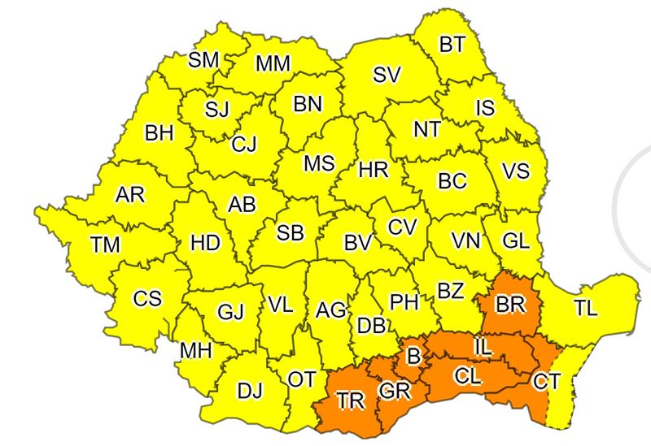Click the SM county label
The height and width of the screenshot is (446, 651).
[203, 59]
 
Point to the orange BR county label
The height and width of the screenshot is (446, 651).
[511, 305]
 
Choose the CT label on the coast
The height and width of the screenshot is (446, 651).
[544, 379]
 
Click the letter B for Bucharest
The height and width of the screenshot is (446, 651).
[413, 356]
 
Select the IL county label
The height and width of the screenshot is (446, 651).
[483, 349]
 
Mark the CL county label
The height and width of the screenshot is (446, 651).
[467, 376]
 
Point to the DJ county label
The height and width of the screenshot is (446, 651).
[250, 391]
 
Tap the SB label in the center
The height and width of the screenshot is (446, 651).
[290, 233]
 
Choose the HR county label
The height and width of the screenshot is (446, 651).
[374, 171]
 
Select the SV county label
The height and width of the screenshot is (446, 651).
[387, 75]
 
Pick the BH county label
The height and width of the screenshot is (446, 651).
[159, 132]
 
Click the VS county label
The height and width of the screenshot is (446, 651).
[515, 171]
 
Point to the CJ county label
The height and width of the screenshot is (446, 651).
[243, 144]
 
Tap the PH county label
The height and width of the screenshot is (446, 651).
[404, 302]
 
